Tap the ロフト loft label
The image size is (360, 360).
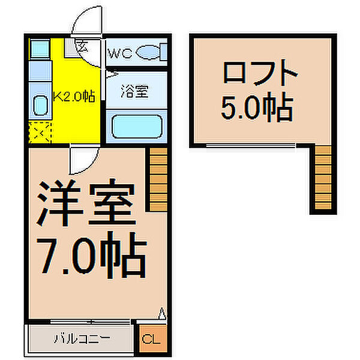click(x=260, y=76)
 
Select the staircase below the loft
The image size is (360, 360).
click(x=322, y=180)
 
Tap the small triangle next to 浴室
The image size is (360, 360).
click(x=110, y=76)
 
